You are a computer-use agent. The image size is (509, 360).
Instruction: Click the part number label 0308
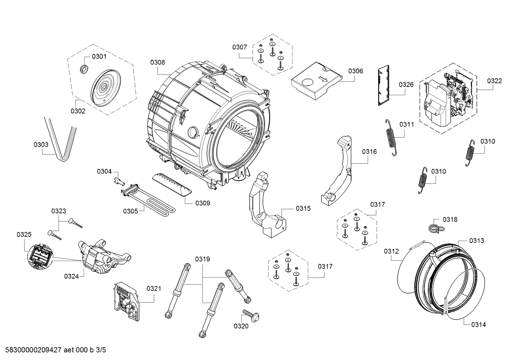click(158, 62)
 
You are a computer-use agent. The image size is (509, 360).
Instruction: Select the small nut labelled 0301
click(84, 68)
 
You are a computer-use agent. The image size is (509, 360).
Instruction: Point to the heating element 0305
click(150, 201)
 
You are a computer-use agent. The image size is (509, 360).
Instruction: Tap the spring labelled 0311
click(391, 137)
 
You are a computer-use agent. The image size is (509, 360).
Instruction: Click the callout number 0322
click(494, 81)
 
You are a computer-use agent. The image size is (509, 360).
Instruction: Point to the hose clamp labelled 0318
click(433, 227)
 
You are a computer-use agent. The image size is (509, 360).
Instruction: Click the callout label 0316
click(369, 152)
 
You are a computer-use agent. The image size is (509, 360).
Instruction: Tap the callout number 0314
click(478, 324)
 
